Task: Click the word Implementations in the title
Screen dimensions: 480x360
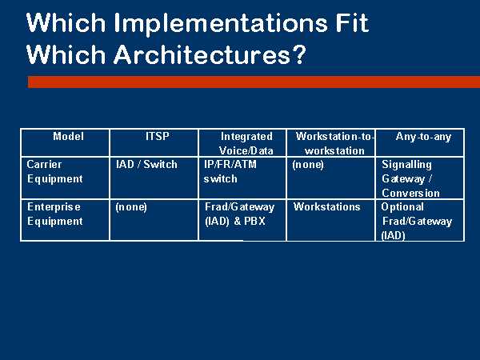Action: point(221,24)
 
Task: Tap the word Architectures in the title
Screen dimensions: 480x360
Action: point(202,54)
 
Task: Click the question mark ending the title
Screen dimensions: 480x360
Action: point(298,54)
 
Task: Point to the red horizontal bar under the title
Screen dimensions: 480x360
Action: point(254,82)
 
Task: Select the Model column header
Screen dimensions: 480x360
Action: point(68,136)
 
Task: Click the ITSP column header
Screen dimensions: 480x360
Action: point(157,136)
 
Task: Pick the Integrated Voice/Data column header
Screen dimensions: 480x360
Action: point(246,143)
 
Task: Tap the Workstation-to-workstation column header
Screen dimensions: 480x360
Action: point(334,143)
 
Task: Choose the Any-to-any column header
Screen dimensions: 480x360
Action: point(423,137)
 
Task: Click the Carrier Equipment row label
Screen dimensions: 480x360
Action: point(54,171)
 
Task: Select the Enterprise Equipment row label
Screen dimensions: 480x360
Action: point(54,214)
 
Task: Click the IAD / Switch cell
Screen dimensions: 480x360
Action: point(146,164)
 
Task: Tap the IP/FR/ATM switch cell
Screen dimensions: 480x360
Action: point(230,171)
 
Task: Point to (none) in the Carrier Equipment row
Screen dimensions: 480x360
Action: point(308,165)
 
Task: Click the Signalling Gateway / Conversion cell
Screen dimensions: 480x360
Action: point(410,178)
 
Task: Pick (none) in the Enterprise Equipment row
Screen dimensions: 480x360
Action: point(131,207)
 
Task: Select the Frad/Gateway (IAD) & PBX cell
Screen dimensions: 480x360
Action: point(239,214)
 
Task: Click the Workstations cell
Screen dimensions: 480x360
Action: point(326,207)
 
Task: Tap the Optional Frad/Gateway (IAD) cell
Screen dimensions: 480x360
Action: point(416,221)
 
